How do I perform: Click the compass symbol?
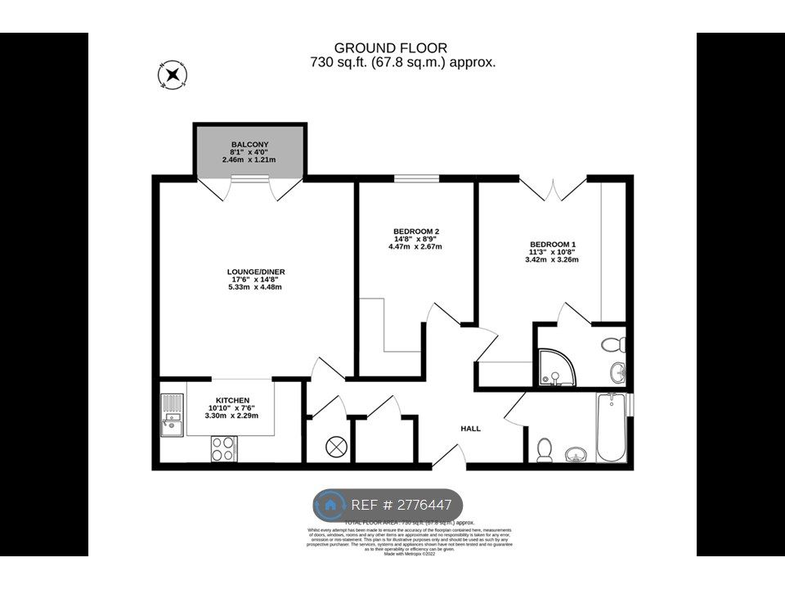(x=173, y=75)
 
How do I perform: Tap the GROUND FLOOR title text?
(x=391, y=48)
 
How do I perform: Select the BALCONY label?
(x=249, y=145)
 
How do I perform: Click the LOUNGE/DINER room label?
(x=256, y=272)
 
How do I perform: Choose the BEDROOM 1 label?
(x=553, y=244)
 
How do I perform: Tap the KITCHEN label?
(x=231, y=400)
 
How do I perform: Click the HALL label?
(x=470, y=429)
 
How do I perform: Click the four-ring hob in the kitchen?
(x=223, y=447)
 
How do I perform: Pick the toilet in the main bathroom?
(x=544, y=449)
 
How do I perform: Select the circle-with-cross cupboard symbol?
(x=335, y=447)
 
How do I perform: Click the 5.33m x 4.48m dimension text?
(x=256, y=287)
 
